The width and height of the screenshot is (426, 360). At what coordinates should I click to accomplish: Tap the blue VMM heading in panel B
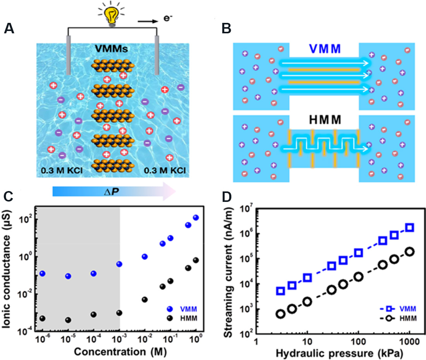325,49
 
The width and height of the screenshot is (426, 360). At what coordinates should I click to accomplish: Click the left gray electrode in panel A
68,55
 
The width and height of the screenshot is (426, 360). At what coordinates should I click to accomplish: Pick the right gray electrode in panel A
157,55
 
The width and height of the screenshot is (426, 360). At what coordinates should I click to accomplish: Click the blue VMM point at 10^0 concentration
196,218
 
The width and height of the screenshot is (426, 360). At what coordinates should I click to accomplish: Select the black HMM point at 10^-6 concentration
43,318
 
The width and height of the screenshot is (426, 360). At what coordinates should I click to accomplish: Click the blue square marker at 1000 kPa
410,227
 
